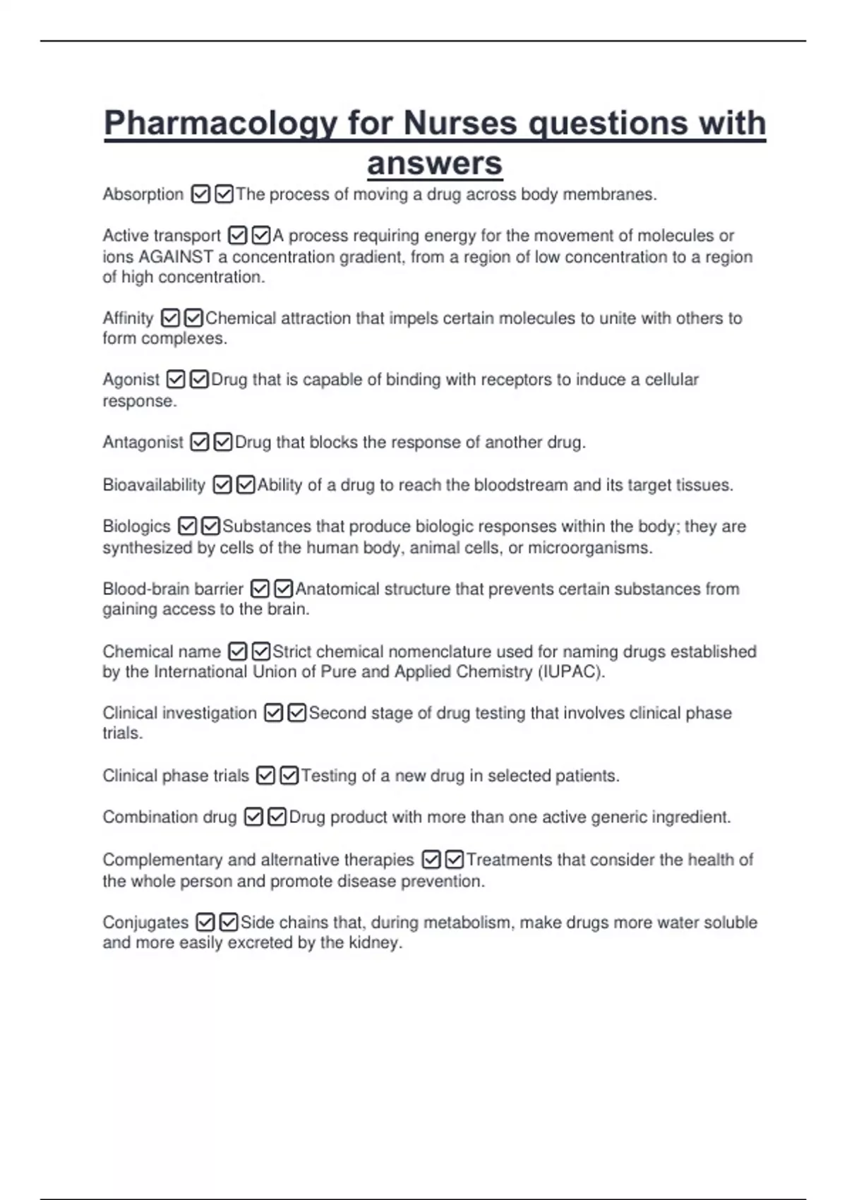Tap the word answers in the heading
pyautogui.click(x=435, y=164)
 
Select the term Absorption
pyautogui.click(x=143, y=194)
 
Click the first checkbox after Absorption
pyautogui.click(x=201, y=194)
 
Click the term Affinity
pyautogui.click(x=128, y=318)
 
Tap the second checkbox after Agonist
pyautogui.click(x=199, y=380)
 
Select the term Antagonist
pyautogui.click(x=143, y=443)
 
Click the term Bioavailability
pyautogui.click(x=154, y=485)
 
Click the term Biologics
pyautogui.click(x=137, y=527)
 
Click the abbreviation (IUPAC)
pyautogui.click(x=570, y=672)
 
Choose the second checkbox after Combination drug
pyautogui.click(x=277, y=817)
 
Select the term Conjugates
pyautogui.click(x=145, y=923)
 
